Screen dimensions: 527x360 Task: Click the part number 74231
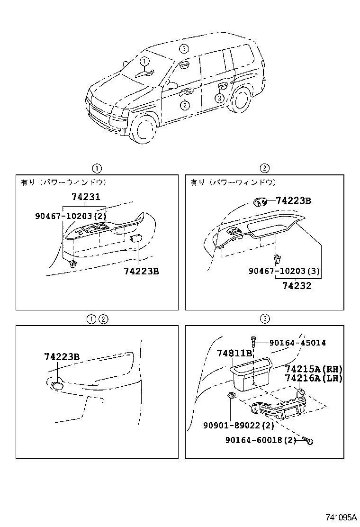click(x=85, y=198)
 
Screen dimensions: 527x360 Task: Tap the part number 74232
click(x=297, y=285)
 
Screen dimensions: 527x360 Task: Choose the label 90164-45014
click(x=297, y=343)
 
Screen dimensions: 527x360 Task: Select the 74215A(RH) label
click(x=314, y=369)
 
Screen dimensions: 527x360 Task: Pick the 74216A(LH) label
click(x=314, y=378)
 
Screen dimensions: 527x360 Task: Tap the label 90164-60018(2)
click(x=261, y=440)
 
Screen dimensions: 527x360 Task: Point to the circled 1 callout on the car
click(x=144, y=61)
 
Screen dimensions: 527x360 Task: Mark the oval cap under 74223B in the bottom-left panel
click(x=57, y=385)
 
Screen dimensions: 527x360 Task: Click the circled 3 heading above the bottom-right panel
click(x=265, y=319)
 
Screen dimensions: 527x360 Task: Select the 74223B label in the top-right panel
click(x=293, y=201)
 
